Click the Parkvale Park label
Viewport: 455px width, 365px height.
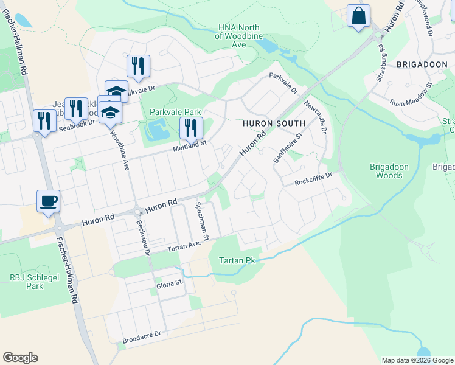click(x=176, y=113)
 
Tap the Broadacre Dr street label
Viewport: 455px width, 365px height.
click(x=141, y=334)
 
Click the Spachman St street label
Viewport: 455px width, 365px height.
click(x=201, y=220)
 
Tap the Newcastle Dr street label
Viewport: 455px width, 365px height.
click(x=316, y=117)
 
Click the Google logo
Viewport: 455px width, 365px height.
click(x=20, y=358)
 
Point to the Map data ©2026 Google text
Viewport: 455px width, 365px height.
click(x=417, y=360)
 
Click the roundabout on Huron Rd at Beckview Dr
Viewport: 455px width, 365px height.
click(x=139, y=212)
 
